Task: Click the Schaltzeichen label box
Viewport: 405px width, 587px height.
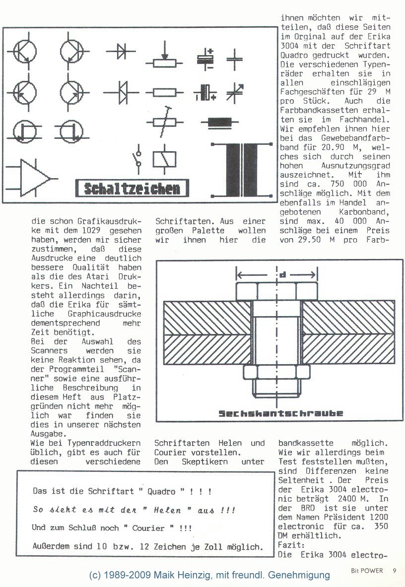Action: [x=132, y=189]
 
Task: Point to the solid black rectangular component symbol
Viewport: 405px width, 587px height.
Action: [x=215, y=121]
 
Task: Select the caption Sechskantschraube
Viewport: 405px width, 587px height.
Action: [x=281, y=413]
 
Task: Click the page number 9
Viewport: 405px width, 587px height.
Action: [x=394, y=570]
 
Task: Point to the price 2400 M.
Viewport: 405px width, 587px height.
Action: [x=350, y=498]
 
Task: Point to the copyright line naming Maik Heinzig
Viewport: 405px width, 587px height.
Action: [x=209, y=575]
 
